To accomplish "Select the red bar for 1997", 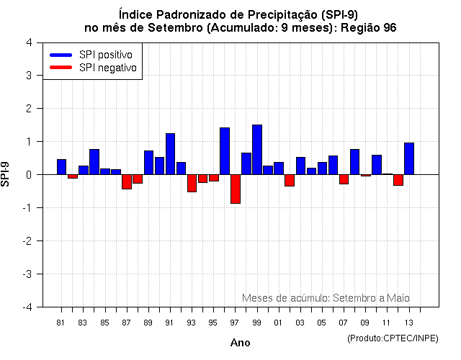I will coord(236,189).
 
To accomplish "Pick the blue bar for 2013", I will coord(409,158).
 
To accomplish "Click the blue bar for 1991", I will coord(170,154).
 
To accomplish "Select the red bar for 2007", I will coord(344,179).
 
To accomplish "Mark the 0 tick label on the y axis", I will coord(28,174).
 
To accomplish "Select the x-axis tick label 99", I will coord(256,322).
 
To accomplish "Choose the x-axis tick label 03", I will coord(300,322).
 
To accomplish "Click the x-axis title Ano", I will coord(241,343).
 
